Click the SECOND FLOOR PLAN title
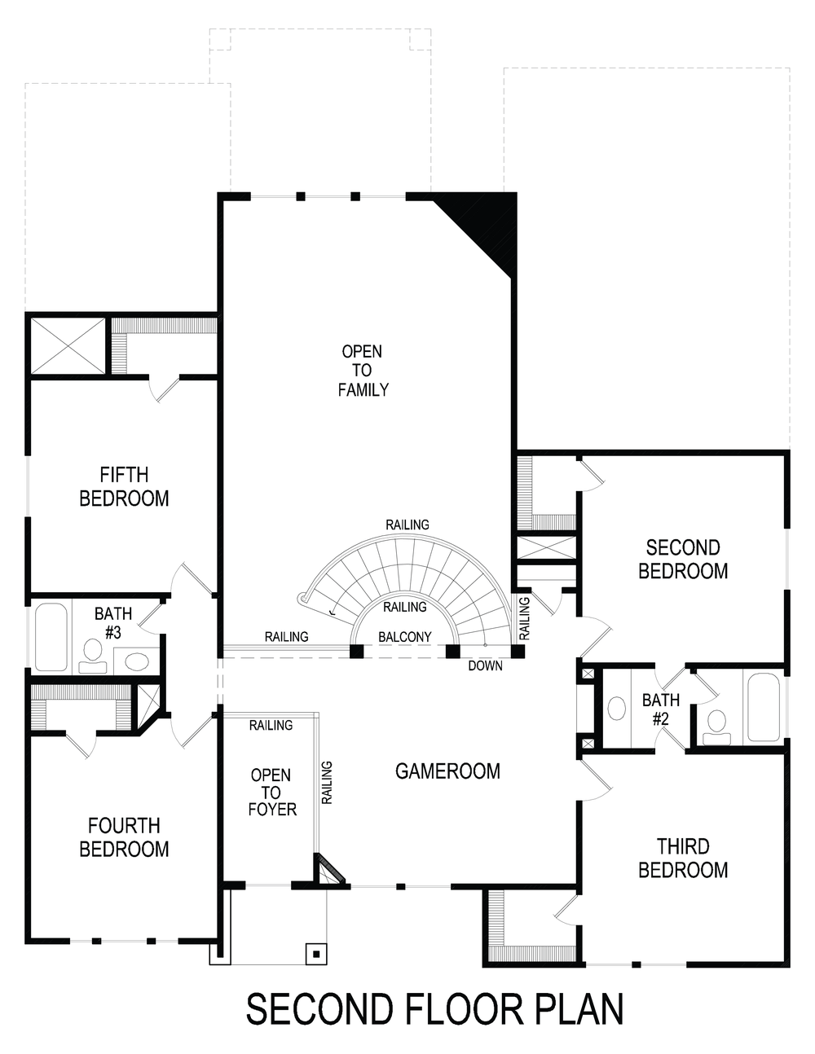434,1009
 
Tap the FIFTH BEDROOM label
124,486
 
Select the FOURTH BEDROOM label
124,837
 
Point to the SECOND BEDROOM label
683,559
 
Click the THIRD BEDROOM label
683,858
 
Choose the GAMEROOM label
447,771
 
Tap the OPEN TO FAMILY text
363,371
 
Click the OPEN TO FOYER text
271,792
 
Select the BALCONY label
404,637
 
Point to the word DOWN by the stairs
485,665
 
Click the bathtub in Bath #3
51,637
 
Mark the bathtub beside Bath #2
763,706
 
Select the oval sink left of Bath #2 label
617,707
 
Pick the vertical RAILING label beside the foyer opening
327,783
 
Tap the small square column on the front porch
315,951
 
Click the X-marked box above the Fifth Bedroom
68,346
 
